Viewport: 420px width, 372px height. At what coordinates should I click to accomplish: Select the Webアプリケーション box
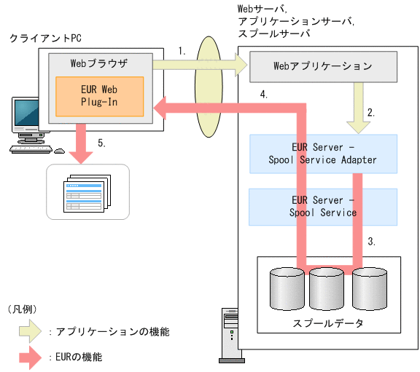(x=323, y=66)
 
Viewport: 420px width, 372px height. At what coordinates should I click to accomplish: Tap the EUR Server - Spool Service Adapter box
(x=323, y=153)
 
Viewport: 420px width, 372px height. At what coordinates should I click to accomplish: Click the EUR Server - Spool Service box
(x=323, y=207)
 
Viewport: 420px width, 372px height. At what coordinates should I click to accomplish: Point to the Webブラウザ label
(x=98, y=63)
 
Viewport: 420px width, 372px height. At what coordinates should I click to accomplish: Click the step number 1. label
(x=182, y=52)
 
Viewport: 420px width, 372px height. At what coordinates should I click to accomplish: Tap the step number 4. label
(x=264, y=94)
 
